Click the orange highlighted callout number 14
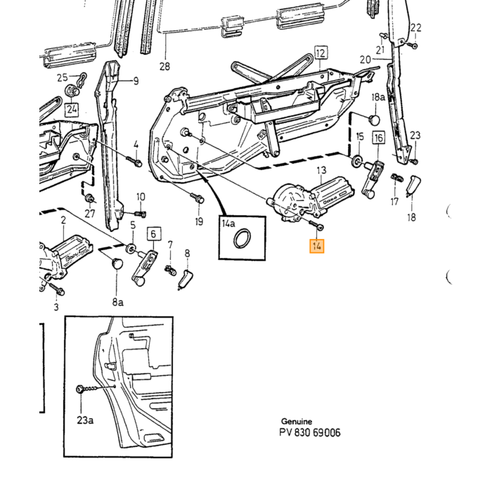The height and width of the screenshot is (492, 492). [x=316, y=246]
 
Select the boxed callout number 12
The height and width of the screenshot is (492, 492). [x=321, y=53]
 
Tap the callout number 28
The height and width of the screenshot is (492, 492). [x=164, y=67]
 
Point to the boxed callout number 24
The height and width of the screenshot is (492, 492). [x=72, y=110]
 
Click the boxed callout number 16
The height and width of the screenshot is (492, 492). [x=378, y=138]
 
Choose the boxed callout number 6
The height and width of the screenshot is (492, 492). [x=153, y=234]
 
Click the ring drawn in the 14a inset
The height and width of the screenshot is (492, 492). [x=242, y=239]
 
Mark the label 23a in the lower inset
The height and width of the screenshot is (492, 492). [x=85, y=420]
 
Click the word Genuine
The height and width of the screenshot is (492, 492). [x=297, y=421]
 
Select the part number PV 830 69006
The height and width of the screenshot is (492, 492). [x=310, y=433]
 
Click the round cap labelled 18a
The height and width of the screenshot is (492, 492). [x=374, y=119]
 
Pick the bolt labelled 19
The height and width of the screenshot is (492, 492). [x=197, y=198]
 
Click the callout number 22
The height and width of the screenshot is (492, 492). [x=416, y=27]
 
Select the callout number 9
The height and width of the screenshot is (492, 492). [x=136, y=82]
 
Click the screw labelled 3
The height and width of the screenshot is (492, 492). [x=56, y=289]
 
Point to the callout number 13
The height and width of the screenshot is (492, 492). [x=322, y=170]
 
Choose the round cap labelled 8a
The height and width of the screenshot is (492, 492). [x=117, y=263]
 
